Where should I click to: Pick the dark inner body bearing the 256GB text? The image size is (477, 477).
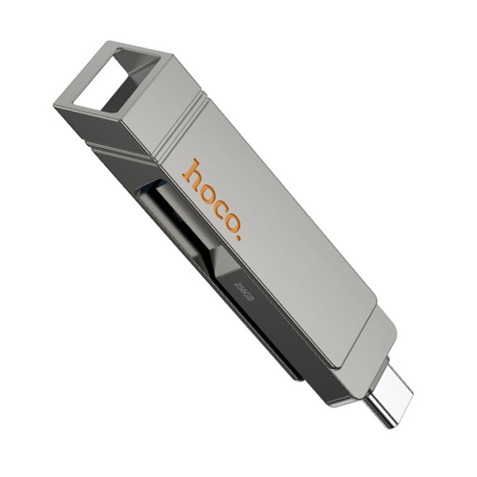pos(243,296)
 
